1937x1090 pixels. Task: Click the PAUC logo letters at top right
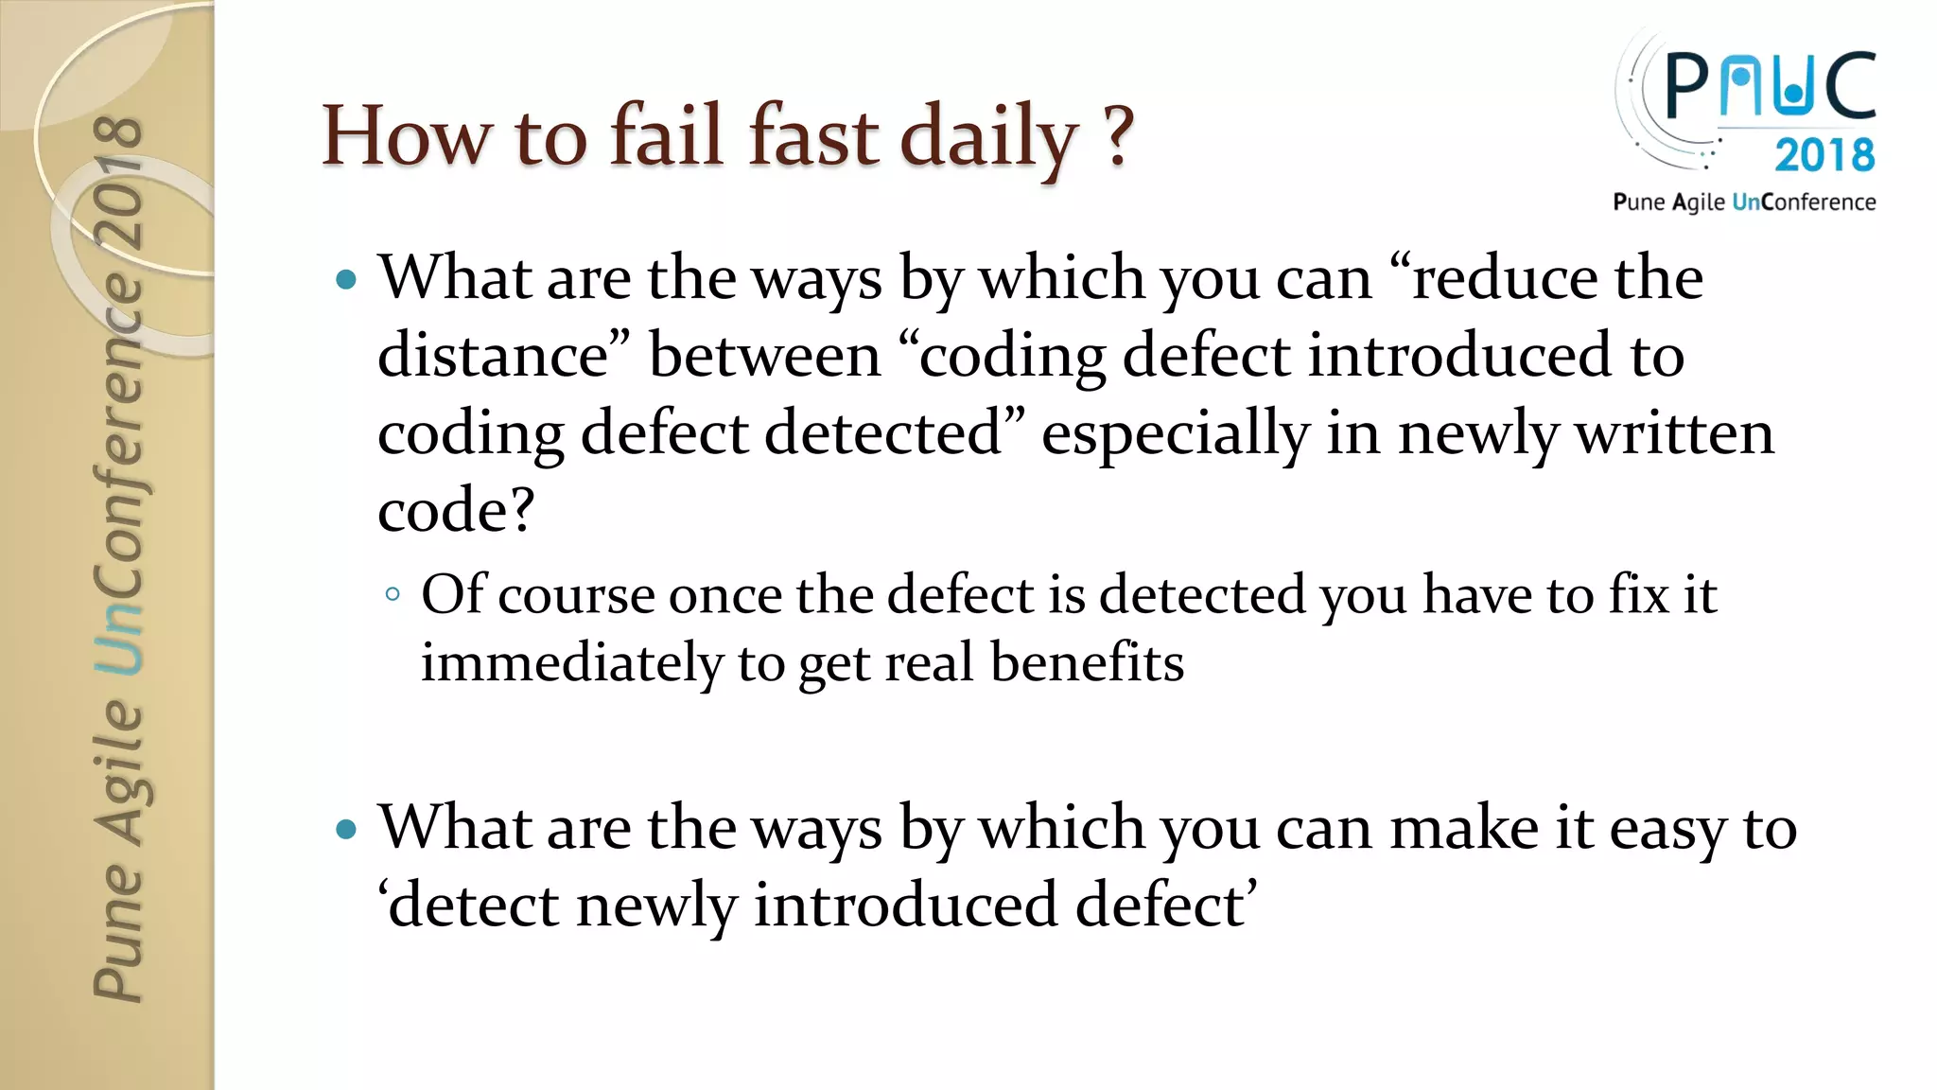click(1769, 86)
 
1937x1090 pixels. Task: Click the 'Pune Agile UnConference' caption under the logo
click(1744, 202)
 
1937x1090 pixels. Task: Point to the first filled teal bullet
click(347, 279)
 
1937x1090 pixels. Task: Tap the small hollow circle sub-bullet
click(393, 595)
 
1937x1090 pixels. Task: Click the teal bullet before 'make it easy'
click(347, 830)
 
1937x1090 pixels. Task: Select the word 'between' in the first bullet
click(764, 356)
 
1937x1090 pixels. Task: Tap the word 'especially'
click(1175, 433)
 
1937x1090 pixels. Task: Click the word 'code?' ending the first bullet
click(456, 511)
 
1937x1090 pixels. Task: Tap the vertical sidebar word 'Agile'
click(119, 771)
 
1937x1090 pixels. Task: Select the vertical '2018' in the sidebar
click(119, 180)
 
